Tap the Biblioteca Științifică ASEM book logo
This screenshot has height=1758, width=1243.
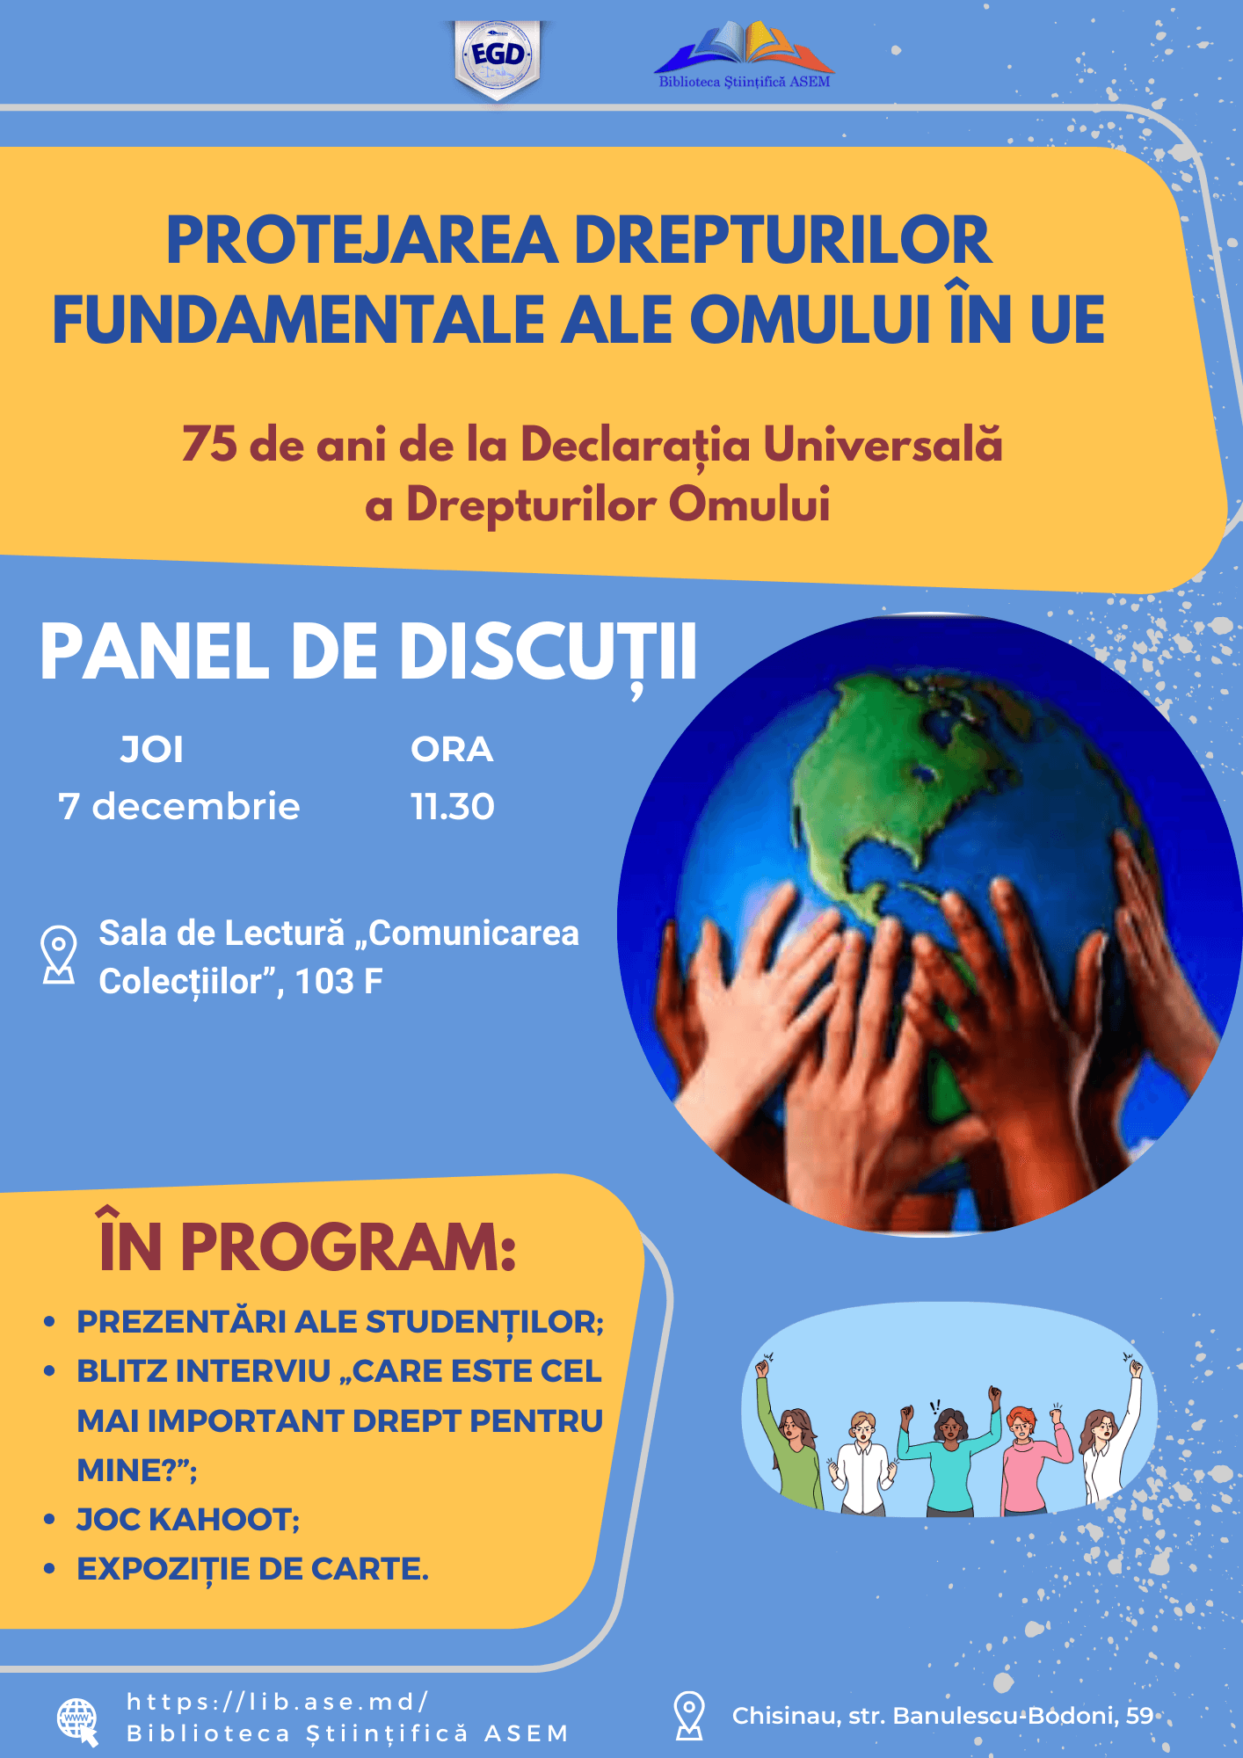click(745, 55)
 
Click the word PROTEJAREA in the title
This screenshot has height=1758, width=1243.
click(362, 240)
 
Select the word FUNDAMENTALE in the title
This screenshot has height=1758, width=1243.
click(299, 320)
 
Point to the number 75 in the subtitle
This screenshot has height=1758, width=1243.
click(209, 444)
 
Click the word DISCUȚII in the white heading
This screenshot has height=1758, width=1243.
click(549, 653)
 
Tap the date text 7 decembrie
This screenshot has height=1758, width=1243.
click(179, 806)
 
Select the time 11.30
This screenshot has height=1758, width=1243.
click(453, 806)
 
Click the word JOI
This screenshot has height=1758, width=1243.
click(152, 750)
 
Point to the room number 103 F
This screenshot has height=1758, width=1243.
click(338, 982)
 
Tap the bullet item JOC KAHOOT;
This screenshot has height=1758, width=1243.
click(188, 1519)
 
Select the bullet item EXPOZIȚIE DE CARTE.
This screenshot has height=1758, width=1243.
click(252, 1569)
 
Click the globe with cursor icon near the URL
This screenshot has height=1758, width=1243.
click(77, 1721)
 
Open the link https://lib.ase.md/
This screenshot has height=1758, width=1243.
click(277, 1702)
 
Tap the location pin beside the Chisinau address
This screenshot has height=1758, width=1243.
click(689, 1715)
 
